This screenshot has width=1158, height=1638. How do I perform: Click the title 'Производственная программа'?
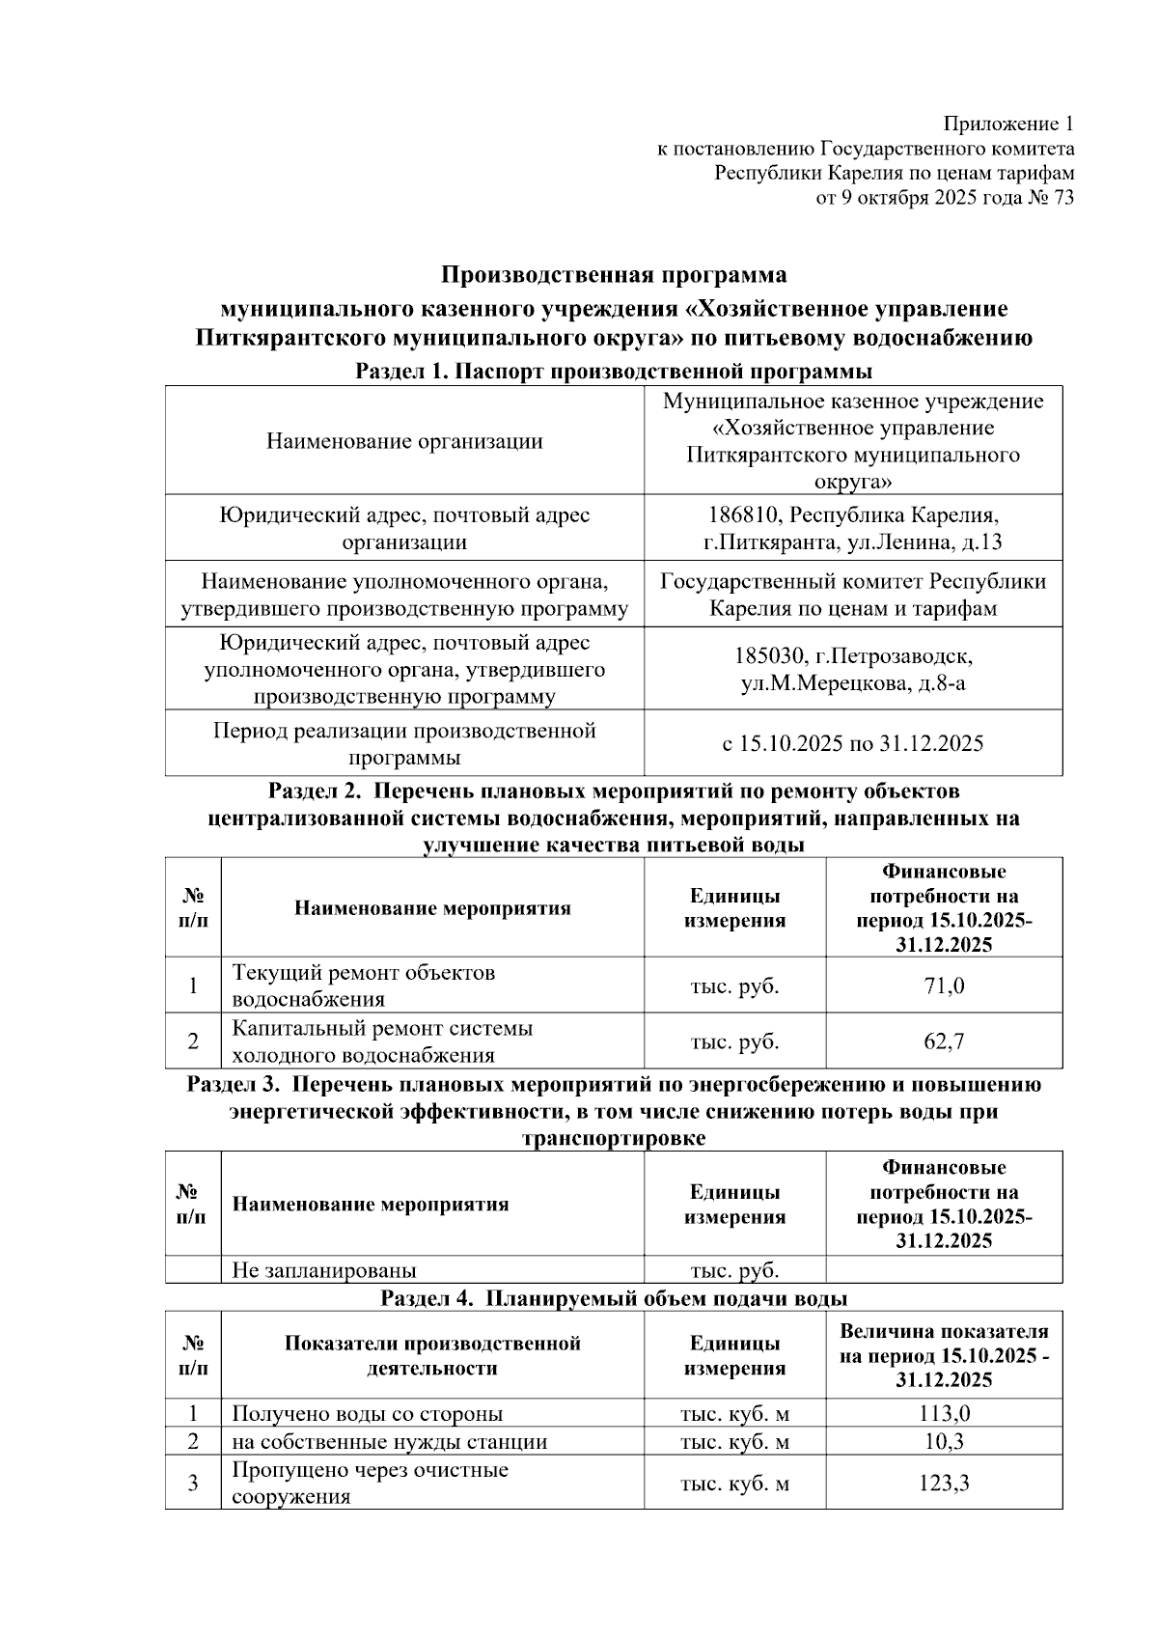[x=614, y=275]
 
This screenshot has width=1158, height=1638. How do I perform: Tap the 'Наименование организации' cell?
[x=404, y=441]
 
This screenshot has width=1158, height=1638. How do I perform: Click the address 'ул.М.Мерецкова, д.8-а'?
[x=853, y=683]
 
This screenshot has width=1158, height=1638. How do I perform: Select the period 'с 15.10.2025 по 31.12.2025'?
[x=853, y=743]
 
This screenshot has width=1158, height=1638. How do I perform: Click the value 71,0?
[x=944, y=986]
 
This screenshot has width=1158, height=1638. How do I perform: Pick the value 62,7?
[x=944, y=1041]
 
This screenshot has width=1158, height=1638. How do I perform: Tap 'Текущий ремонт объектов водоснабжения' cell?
[x=364, y=986]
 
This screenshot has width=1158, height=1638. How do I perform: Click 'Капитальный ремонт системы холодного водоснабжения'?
[x=382, y=1041]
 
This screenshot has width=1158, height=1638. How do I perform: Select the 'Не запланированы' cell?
[x=324, y=1270]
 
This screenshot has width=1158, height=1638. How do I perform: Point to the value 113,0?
[x=944, y=1414]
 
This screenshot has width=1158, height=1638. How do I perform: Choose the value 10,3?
[x=944, y=1442]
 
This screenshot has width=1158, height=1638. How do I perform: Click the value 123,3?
[x=944, y=1483]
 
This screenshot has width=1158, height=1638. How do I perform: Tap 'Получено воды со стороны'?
[x=368, y=1414]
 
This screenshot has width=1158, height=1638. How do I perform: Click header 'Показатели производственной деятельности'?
[x=432, y=1355]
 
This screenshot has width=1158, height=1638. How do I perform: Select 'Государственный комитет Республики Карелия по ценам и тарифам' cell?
[x=853, y=595]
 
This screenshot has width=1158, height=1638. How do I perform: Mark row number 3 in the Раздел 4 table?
[x=193, y=1483]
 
